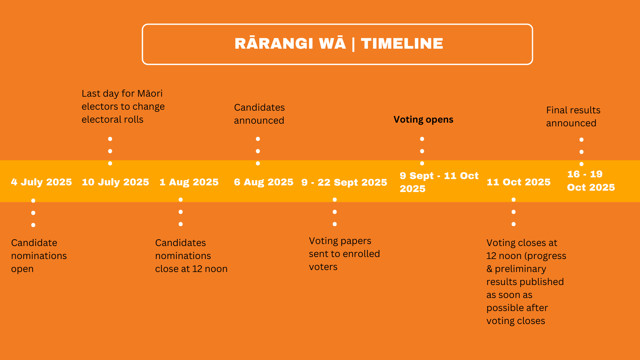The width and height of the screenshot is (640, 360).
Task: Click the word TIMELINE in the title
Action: pos(402,44)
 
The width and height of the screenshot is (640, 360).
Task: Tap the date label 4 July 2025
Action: pos(41,182)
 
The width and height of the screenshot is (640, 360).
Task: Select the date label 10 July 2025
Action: pos(115,182)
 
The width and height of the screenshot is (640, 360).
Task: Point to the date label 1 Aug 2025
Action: pos(189,182)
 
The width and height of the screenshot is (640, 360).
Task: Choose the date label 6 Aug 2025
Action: pos(264,182)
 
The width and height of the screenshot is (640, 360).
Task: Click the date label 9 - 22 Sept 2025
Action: pos(344,182)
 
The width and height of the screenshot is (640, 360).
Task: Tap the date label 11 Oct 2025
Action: pos(519,182)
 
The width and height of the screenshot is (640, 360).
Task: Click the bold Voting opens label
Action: pos(423,120)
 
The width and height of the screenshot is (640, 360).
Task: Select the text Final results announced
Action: pos(573,117)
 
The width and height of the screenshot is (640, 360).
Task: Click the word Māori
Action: pos(150,93)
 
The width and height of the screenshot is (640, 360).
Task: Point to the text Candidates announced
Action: pos(259,114)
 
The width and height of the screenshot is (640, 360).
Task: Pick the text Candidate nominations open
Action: pos(39,256)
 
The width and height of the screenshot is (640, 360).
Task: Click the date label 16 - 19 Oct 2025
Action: pos(591,181)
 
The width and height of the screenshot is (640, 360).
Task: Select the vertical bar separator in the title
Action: pos(353,44)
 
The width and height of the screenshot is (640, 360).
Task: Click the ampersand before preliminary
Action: pos(489,269)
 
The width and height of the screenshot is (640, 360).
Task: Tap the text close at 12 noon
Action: pos(191,269)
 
